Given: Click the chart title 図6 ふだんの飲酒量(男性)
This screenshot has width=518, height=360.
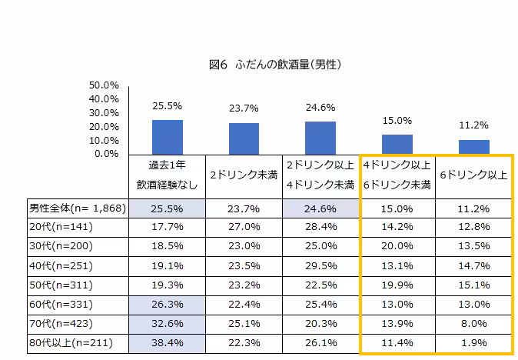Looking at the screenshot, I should [274, 65].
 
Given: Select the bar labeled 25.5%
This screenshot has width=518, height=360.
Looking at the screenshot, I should [167, 137].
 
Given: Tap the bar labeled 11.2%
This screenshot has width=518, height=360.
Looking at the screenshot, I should [474, 147].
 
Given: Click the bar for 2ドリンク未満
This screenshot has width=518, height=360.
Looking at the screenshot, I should [244, 138].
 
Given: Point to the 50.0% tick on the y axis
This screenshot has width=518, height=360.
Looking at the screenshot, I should [104, 85].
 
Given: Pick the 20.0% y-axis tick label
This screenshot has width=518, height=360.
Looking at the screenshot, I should [104, 127].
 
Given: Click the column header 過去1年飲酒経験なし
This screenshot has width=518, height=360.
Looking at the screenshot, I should [167, 176].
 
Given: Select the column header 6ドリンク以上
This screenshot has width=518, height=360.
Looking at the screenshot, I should [473, 175].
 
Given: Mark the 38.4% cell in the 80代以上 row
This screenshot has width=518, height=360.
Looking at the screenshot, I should [167, 343].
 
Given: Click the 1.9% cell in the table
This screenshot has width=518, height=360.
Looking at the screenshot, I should [474, 343].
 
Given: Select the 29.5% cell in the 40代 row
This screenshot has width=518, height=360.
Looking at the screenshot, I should [320, 266].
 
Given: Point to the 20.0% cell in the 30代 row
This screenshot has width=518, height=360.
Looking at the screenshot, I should [397, 247].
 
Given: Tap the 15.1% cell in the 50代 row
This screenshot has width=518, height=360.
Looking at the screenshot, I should [474, 285].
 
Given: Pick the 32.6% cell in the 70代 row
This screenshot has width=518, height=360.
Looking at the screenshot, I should [167, 324].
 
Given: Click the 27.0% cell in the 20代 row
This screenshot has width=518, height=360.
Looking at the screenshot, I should [244, 228].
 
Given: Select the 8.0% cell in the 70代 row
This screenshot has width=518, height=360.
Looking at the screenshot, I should [474, 324].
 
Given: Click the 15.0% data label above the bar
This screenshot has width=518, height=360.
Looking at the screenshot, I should [397, 121].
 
